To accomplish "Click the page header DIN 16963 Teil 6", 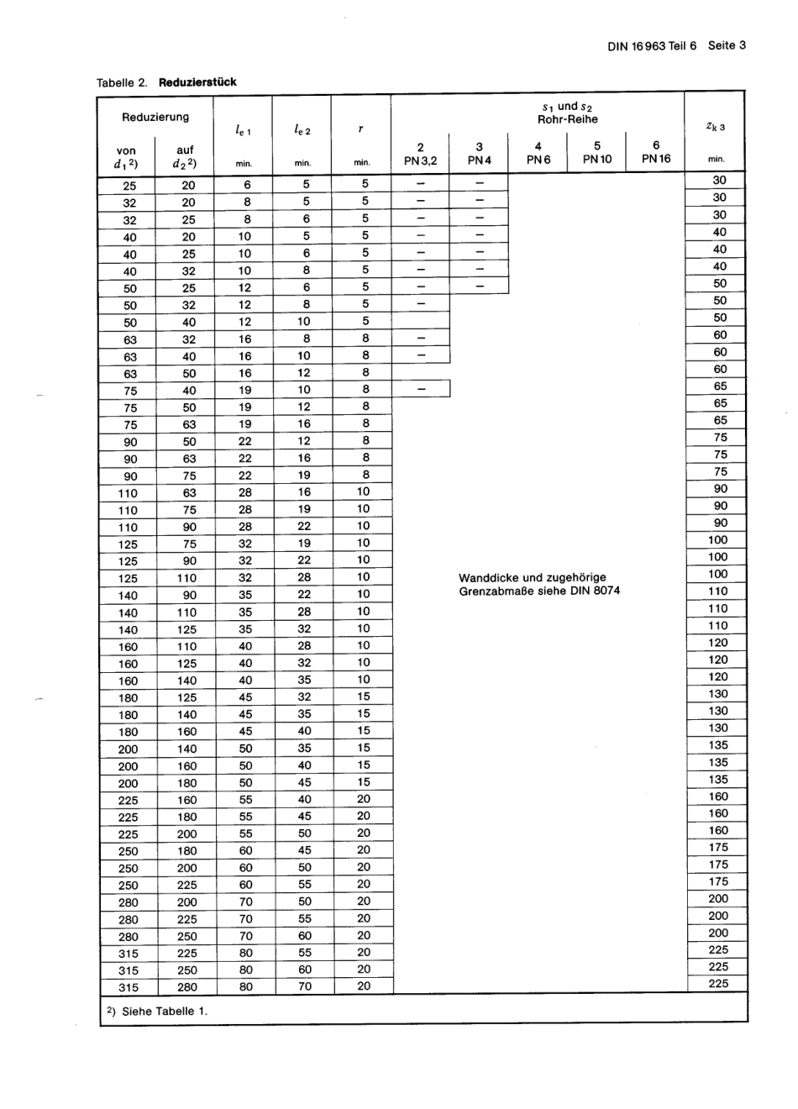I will point(652,46).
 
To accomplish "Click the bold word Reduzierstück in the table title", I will point(197,82).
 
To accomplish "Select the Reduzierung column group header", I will point(155,117).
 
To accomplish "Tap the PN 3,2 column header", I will point(420,153).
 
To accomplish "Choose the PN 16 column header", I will point(656,152).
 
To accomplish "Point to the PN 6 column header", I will point(538,153).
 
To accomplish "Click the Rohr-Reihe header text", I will point(568,119).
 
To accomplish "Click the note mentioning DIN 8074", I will point(539,584).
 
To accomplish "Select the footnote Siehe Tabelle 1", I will point(157,1011).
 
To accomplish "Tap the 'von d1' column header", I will point(126,157).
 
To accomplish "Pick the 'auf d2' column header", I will point(186,157).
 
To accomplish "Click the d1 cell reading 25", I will point(129,186).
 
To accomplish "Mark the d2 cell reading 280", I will point(187,987).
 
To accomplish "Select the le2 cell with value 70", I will point(304,986).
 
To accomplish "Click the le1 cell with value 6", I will point(247,185).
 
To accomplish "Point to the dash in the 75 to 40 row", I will point(421,390).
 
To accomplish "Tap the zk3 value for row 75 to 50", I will point(720,403).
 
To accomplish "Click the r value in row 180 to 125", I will point(363,696).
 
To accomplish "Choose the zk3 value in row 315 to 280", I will point(718,984).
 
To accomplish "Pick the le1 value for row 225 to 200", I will point(245,833).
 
